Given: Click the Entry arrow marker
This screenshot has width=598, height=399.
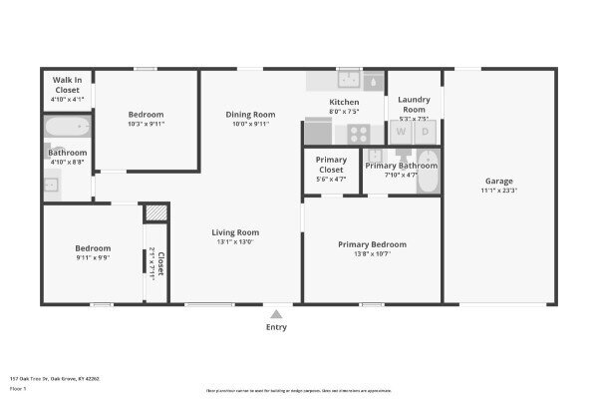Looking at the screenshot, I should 276,313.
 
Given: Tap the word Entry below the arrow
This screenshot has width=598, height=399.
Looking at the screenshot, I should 276,327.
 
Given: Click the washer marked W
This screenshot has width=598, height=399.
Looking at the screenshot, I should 402,131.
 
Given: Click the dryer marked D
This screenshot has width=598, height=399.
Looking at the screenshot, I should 426,131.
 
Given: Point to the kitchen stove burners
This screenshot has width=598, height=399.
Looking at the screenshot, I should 358,132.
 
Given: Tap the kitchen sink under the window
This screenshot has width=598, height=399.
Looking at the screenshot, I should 350,80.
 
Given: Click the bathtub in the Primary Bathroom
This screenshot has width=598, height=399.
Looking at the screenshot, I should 427,175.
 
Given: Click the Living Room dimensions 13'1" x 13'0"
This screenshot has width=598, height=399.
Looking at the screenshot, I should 234,241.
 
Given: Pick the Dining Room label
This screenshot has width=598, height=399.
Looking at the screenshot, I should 249,115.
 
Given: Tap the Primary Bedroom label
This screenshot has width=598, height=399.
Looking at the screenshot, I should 372,244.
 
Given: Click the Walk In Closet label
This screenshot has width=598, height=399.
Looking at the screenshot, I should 67,84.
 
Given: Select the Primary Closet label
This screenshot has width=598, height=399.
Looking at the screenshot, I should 331,165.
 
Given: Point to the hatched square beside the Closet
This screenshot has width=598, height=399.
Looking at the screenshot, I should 154,213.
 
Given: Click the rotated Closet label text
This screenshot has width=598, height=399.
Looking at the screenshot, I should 159,263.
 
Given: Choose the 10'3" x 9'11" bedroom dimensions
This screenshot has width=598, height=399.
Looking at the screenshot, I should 147,125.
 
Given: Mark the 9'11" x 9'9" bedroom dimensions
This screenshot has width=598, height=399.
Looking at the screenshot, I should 93,256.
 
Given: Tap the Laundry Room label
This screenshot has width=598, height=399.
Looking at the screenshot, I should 413,103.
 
